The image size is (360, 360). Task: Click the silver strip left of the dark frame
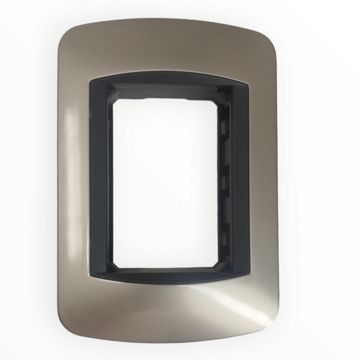73,180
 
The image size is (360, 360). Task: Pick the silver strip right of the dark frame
267,180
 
